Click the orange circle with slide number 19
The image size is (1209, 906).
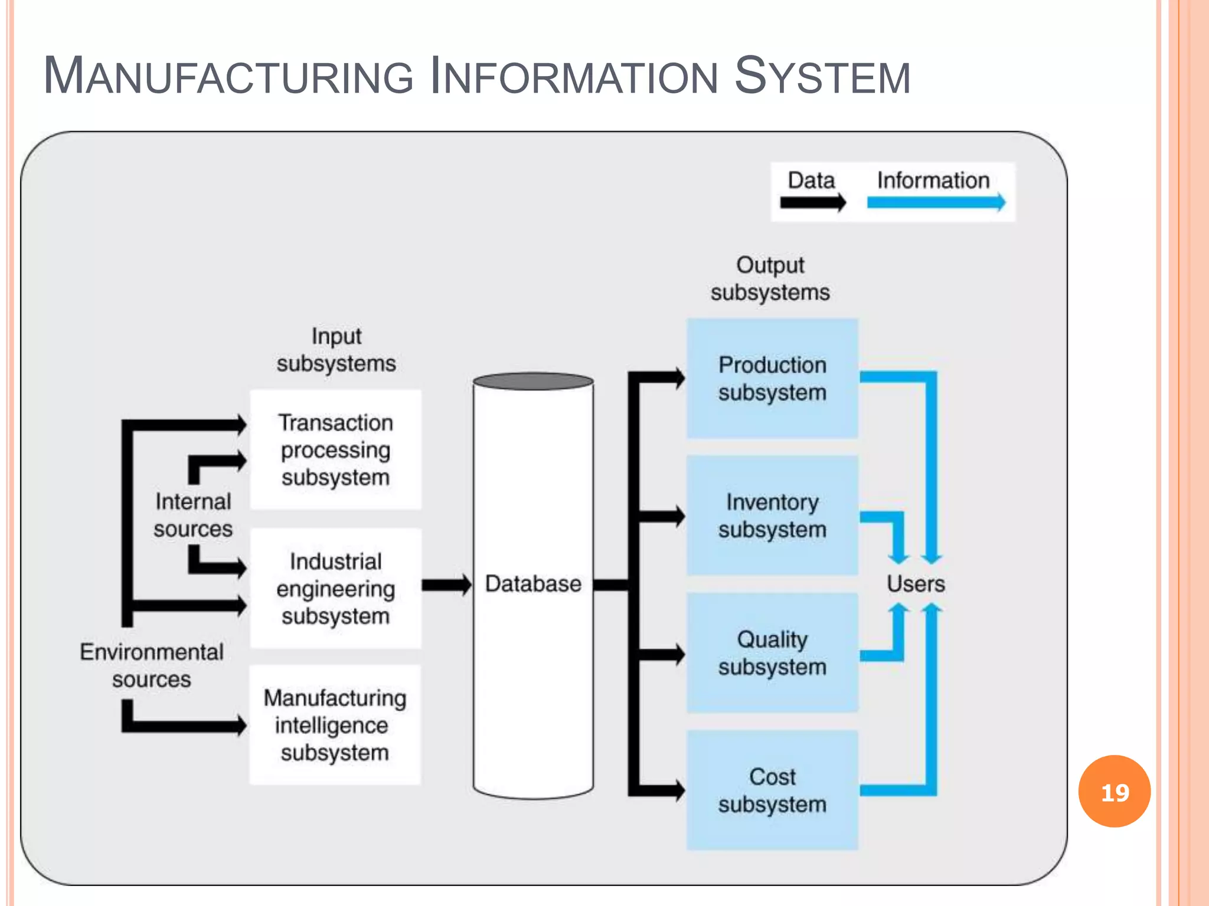(1114, 792)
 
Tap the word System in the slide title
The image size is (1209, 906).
(822, 76)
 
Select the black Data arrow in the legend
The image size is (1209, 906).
(813, 203)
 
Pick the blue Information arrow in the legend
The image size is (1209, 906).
(936, 202)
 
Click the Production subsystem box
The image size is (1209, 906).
(772, 379)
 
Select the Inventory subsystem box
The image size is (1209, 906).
(772, 516)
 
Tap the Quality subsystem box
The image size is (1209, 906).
(772, 653)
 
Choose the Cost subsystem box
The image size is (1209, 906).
(772, 790)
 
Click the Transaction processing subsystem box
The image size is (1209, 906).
(335, 449)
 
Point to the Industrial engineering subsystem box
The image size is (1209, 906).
(335, 588)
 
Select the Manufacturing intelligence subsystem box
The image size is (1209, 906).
(335, 725)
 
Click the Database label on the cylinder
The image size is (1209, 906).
(533, 584)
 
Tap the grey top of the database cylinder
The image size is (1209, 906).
(533, 381)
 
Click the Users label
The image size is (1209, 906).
(916, 584)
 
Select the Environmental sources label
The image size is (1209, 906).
(152, 665)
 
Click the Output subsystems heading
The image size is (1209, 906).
(770, 278)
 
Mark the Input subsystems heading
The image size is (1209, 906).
(336, 350)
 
